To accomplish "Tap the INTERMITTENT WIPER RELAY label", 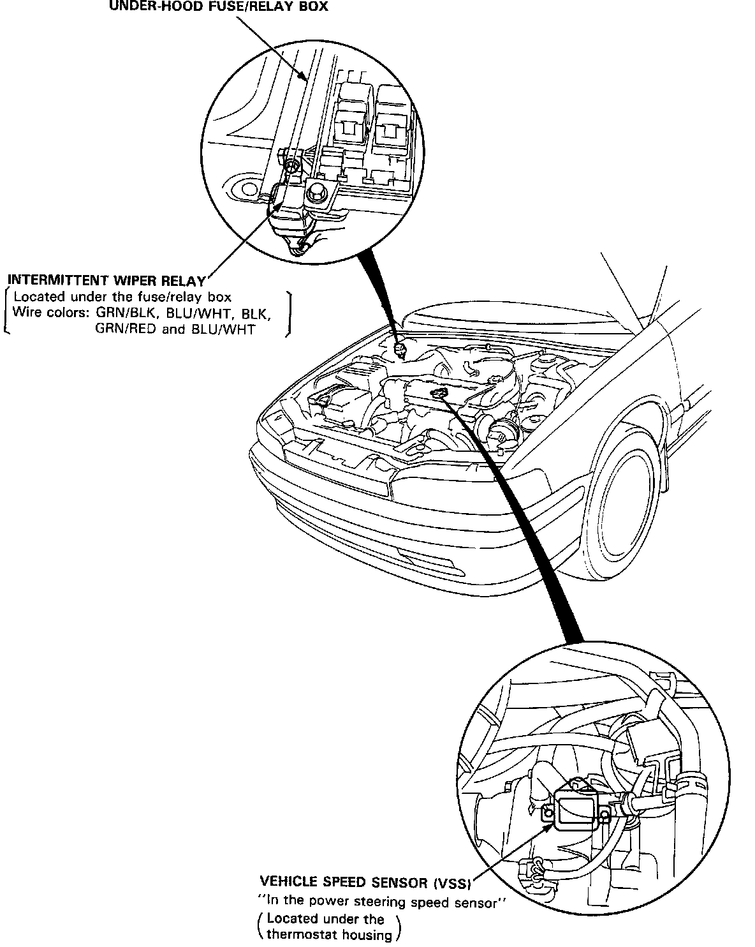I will click(x=106, y=280).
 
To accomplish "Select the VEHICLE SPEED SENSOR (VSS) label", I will click(x=365, y=883).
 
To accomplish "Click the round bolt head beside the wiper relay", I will click(x=316, y=191).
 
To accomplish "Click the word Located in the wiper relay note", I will click(x=38, y=297).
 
